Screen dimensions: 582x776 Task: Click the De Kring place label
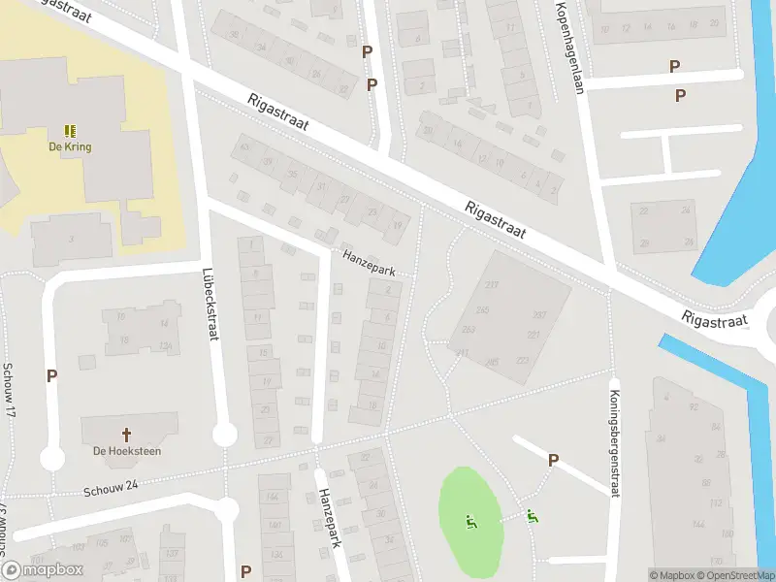(x=70, y=147)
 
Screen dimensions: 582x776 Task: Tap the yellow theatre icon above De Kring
(x=70, y=131)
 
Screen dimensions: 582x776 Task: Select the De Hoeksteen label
(x=126, y=451)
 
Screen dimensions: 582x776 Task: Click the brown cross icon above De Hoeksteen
(x=126, y=435)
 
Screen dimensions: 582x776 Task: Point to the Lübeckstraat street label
(x=208, y=304)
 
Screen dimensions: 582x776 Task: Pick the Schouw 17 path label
(x=8, y=391)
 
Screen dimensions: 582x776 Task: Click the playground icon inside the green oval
(x=471, y=522)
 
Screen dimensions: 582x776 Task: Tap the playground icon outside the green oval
(x=532, y=517)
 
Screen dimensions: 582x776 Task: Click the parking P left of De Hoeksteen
(x=51, y=376)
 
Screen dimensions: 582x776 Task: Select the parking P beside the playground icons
(x=553, y=460)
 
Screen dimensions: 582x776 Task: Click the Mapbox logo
(x=44, y=569)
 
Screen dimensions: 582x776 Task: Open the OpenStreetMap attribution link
(x=732, y=575)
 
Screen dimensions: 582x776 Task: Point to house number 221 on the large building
(x=533, y=335)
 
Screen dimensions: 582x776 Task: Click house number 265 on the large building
(x=492, y=362)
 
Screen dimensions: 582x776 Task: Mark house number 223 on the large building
(x=523, y=361)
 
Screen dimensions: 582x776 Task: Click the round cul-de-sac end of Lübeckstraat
(x=224, y=435)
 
